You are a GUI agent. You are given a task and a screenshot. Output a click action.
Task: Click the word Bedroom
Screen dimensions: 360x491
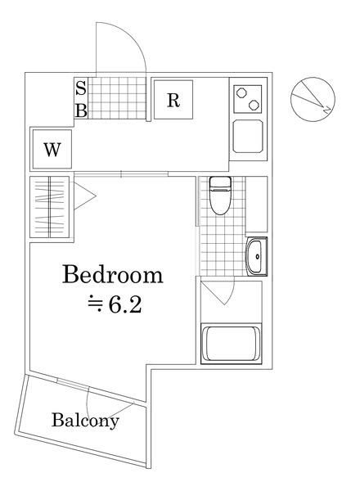click(113, 275)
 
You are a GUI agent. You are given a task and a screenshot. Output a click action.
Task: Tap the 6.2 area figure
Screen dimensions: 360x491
click(125, 304)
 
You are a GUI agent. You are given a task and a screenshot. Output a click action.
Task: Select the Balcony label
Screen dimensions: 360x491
click(85, 421)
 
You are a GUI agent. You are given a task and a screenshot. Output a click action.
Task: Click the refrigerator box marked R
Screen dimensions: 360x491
click(173, 100)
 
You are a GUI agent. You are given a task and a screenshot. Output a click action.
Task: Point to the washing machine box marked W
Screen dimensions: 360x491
click(52, 149)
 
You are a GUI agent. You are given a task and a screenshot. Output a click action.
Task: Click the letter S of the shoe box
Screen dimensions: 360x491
click(81, 88)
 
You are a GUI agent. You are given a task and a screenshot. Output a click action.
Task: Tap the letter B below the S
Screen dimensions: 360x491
click(81, 110)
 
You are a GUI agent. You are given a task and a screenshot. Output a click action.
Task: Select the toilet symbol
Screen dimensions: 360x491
click(220, 196)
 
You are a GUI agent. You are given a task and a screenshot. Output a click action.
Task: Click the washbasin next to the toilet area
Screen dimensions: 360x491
click(257, 256)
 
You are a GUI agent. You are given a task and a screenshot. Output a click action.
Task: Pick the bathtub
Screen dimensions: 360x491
click(231, 344)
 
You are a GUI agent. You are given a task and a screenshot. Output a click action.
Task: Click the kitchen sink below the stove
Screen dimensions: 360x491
click(248, 136)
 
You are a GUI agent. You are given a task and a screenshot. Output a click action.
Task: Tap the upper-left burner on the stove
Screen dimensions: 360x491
click(241, 92)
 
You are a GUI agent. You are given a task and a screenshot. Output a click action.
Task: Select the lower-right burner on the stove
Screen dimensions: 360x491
click(254, 105)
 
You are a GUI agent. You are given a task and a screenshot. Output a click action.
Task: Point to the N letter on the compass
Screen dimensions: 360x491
click(326, 110)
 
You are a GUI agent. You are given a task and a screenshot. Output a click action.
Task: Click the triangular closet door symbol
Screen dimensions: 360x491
click(84, 196)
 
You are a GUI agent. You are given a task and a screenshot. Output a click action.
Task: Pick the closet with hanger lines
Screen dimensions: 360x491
click(49, 207)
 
